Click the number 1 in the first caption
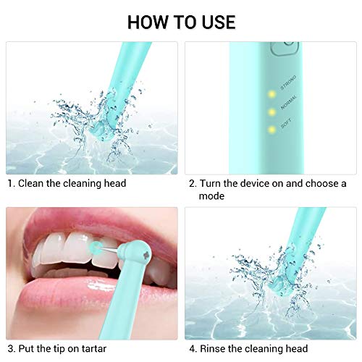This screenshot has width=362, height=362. coord(10,184)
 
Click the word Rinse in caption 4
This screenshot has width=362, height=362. coord(216,350)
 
